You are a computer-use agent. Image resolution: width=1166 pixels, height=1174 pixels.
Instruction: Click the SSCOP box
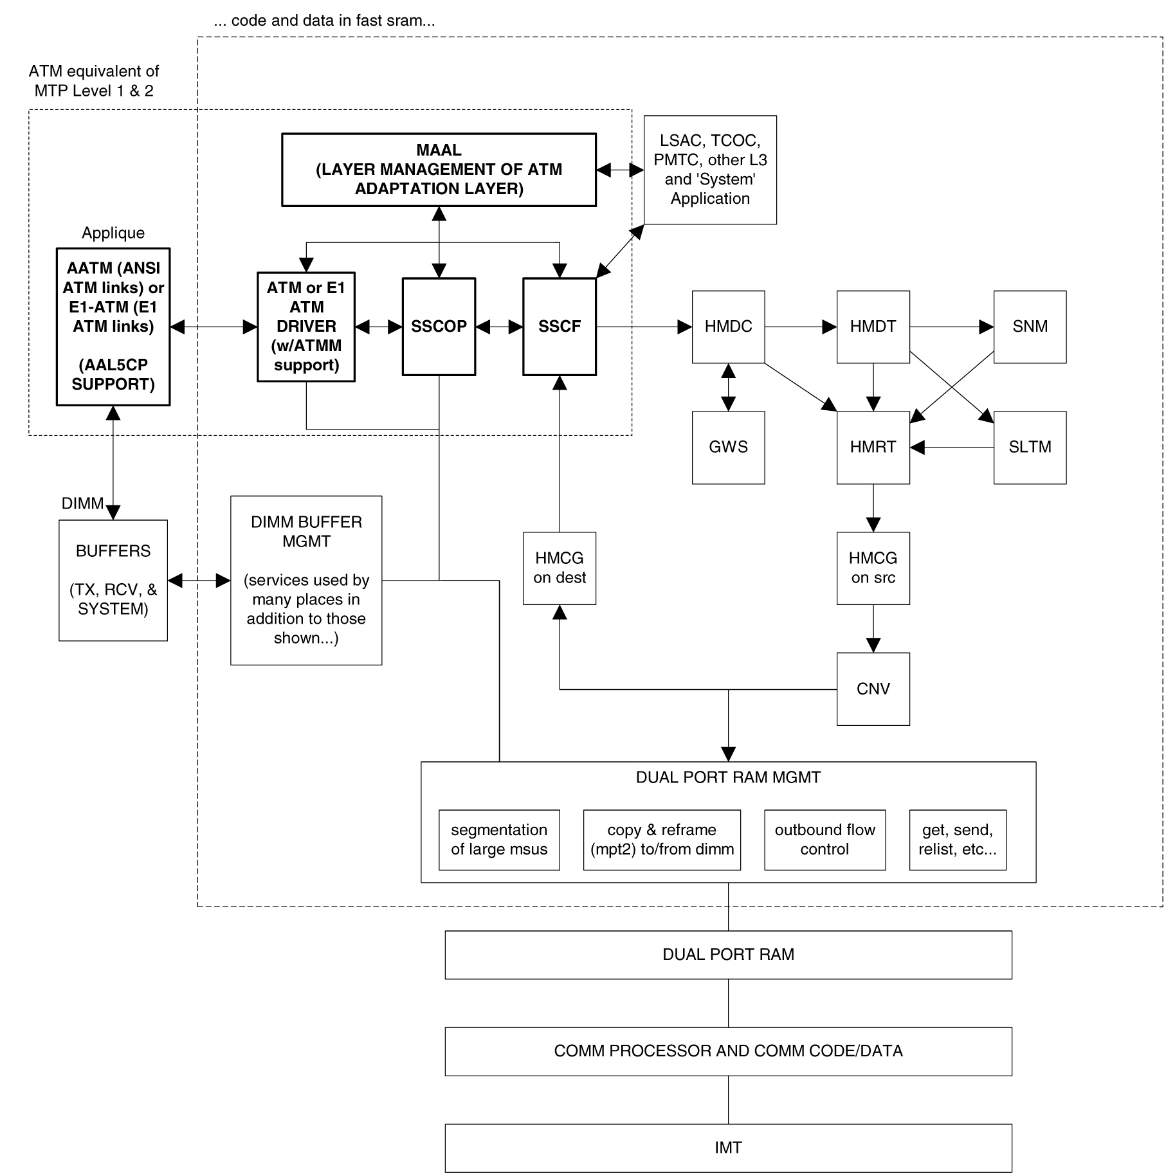(439, 327)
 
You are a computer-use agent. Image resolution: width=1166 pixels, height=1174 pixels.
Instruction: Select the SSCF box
(559, 327)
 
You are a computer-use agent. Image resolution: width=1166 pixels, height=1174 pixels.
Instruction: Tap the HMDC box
(728, 327)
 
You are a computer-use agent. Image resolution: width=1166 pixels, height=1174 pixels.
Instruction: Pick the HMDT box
(873, 327)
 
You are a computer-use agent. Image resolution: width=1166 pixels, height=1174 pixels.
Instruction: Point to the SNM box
(1030, 327)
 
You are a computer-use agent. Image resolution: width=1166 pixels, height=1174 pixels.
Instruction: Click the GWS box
(728, 447)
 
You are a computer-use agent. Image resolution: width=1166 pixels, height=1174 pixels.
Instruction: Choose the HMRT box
(873, 447)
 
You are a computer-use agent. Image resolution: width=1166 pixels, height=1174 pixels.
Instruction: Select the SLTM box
(1030, 447)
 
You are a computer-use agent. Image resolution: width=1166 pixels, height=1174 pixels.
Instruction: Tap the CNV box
(873, 689)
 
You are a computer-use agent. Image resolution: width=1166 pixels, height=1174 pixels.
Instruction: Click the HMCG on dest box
(559, 568)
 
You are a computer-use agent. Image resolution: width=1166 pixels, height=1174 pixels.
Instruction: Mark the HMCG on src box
(873, 568)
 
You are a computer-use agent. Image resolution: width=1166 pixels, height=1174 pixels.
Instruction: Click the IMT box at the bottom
(728, 1148)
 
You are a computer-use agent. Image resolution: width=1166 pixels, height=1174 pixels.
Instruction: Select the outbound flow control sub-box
(824, 840)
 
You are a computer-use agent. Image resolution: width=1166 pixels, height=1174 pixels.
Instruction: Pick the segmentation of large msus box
(499, 840)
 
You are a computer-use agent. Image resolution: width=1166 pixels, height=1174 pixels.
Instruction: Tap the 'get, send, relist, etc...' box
(957, 840)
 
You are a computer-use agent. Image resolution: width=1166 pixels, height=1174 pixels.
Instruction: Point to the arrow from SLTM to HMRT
(952, 447)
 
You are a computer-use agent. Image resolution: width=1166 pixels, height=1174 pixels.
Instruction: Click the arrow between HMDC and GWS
(728, 387)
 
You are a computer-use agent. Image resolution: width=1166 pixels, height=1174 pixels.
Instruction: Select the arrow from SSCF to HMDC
(643, 327)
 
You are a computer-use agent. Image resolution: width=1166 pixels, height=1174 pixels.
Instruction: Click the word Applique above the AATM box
(113, 233)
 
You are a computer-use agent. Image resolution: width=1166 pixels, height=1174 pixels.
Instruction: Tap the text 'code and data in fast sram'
(324, 21)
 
